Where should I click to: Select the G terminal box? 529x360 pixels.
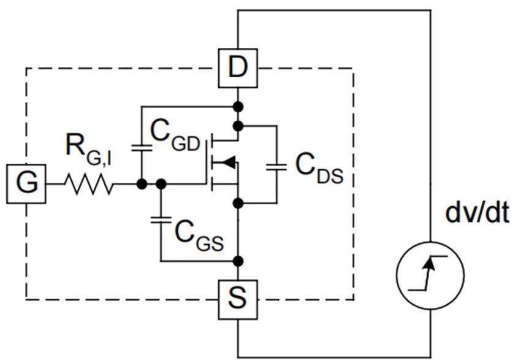pos(26,183)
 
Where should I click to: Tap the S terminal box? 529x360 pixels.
pos(238,299)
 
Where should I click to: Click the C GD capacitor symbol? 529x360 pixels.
pos(142,147)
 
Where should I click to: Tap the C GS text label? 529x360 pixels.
pos(197,232)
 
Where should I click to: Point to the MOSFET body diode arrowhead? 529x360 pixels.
pos(228,163)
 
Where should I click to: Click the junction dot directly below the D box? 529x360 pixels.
pos(238,107)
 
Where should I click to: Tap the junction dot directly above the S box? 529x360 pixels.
pos(238,261)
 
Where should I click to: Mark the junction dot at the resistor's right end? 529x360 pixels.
pos(142,183)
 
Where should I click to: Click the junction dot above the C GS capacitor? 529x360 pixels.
pos(160,183)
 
